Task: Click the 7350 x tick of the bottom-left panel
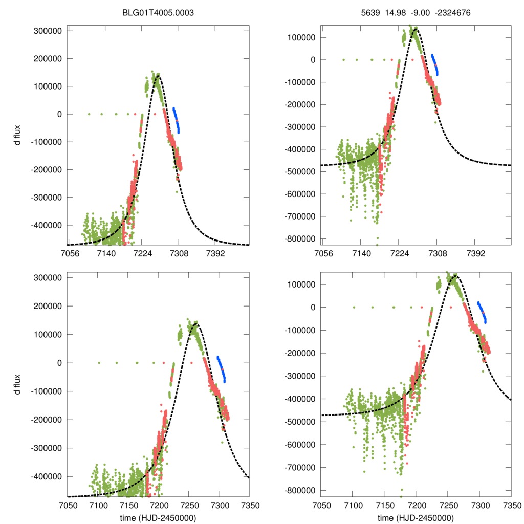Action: coord(249,505)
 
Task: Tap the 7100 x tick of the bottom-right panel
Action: coord(352,505)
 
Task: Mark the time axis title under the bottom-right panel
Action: coord(416,517)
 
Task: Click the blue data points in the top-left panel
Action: coord(177,120)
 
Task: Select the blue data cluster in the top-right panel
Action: coord(434,64)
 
